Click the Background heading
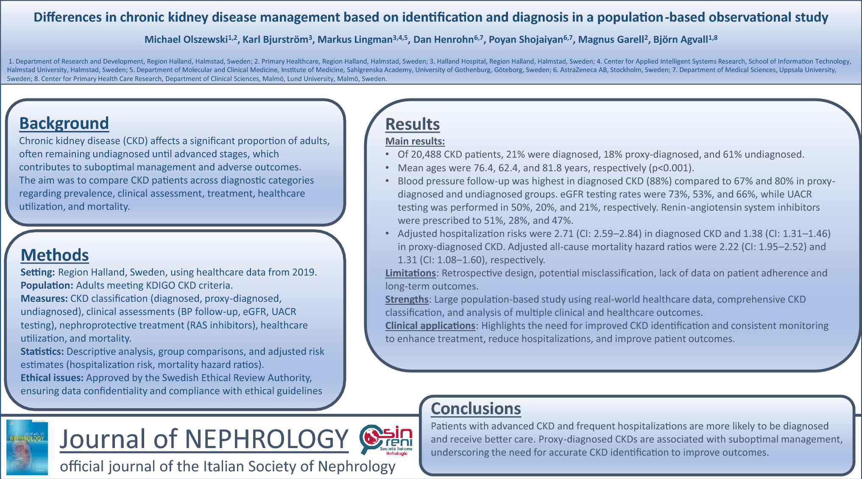pyautogui.click(x=64, y=123)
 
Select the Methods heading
pyautogui.click(x=55, y=255)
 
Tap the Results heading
pyautogui.click(x=412, y=124)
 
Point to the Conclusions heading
pyautogui.click(x=476, y=409)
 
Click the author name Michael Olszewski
pyautogui.click(x=186, y=40)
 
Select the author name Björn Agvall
pyautogui.click(x=680, y=40)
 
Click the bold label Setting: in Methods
pyautogui.click(x=38, y=272)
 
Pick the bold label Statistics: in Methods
pyautogui.click(x=42, y=351)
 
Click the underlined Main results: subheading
pyautogui.click(x=415, y=141)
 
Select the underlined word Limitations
pyautogui.click(x=410, y=273)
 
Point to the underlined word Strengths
pyautogui.click(x=407, y=299)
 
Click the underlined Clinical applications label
pyautogui.click(x=430, y=326)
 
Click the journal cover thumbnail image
pyautogui.click(x=27, y=447)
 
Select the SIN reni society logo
pyautogui.click(x=386, y=440)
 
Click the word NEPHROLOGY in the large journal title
pyautogui.click(x=266, y=439)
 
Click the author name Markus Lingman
pyautogui.click(x=355, y=40)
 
